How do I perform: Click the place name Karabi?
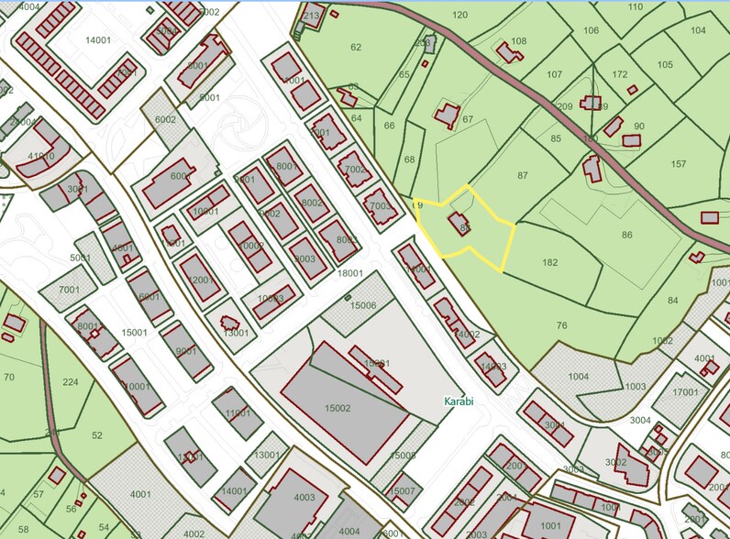(x=459, y=401)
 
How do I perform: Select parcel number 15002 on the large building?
(x=337, y=408)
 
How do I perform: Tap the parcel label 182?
(x=549, y=262)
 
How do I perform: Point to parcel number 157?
(x=678, y=164)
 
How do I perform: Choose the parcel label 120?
(x=459, y=15)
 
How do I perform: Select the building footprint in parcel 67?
(x=448, y=115)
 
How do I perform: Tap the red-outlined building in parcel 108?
(x=509, y=52)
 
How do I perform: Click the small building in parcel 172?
(x=632, y=90)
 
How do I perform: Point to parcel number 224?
(x=70, y=382)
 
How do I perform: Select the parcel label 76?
(x=561, y=325)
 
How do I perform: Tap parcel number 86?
(x=627, y=236)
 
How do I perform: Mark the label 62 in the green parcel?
(x=356, y=47)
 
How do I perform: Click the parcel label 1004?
(x=578, y=376)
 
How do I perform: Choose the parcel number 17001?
(x=685, y=392)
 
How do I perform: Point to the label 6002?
(x=165, y=120)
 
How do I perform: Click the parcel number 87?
(x=523, y=174)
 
